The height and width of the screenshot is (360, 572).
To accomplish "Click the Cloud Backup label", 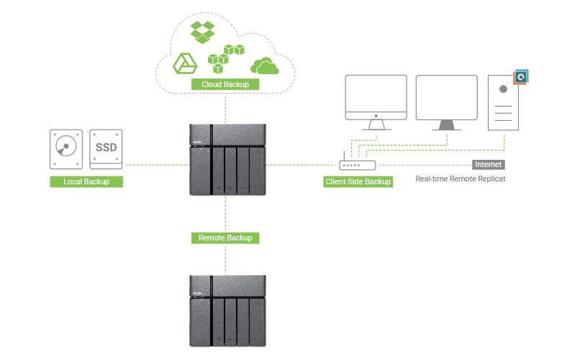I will click(x=225, y=84).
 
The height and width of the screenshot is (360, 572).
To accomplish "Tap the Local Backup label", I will click(x=86, y=181).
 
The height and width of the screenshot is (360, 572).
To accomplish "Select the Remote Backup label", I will click(x=225, y=238).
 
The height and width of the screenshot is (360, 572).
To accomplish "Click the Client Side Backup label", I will click(x=358, y=181).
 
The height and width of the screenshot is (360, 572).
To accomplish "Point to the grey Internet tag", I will click(x=488, y=164).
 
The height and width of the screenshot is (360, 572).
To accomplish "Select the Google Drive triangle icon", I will click(x=185, y=64).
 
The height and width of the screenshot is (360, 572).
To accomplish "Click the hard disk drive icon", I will click(x=66, y=149).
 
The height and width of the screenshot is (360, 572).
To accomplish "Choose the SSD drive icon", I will click(x=106, y=149).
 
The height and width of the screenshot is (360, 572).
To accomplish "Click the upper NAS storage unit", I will click(x=227, y=159).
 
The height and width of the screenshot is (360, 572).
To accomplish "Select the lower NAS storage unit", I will click(x=227, y=310).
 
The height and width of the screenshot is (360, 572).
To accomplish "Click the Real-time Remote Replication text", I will click(x=460, y=178).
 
